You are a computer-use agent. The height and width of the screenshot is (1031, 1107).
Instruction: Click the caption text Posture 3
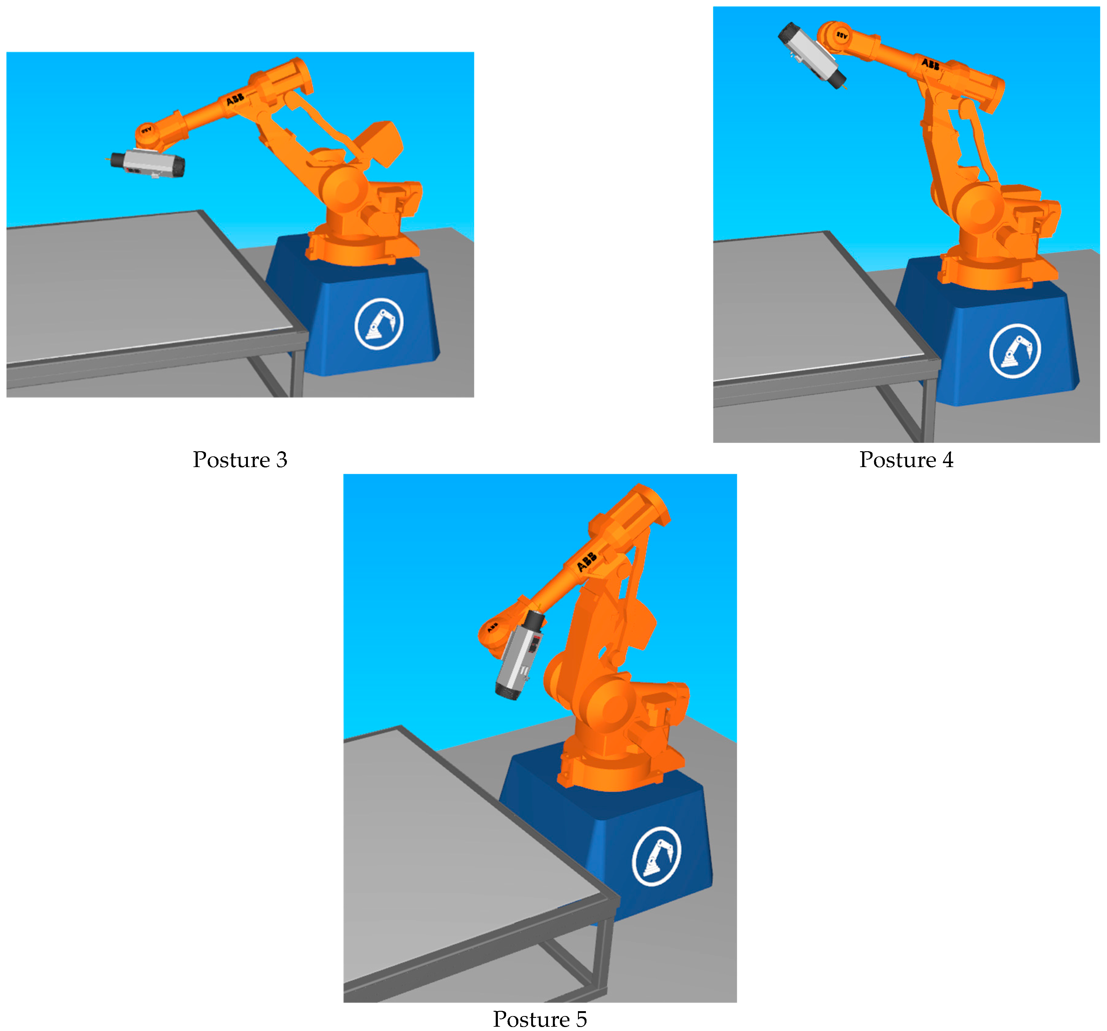[240, 460]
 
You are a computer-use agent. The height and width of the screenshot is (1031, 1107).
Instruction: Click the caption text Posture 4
[906, 460]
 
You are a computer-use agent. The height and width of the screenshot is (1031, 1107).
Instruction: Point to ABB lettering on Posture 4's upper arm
[930, 64]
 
